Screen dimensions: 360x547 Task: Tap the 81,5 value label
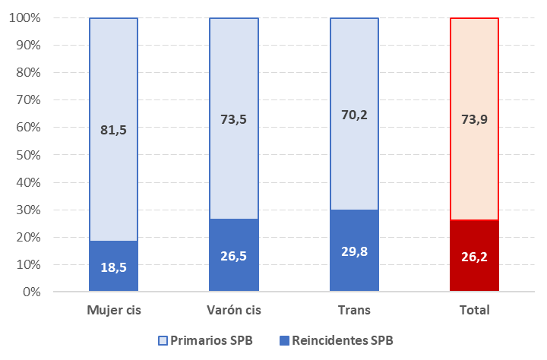[113, 130]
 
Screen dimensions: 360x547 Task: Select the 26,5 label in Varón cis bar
[233, 256]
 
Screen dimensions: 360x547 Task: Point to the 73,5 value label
[233, 119]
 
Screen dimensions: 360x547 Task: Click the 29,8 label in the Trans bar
[354, 251]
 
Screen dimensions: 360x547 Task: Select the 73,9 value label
[474, 119]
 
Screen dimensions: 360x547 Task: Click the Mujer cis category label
[113, 311]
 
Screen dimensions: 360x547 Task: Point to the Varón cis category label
[233, 311]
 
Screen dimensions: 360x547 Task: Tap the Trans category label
[354, 311]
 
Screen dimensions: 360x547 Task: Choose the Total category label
[474, 311]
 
